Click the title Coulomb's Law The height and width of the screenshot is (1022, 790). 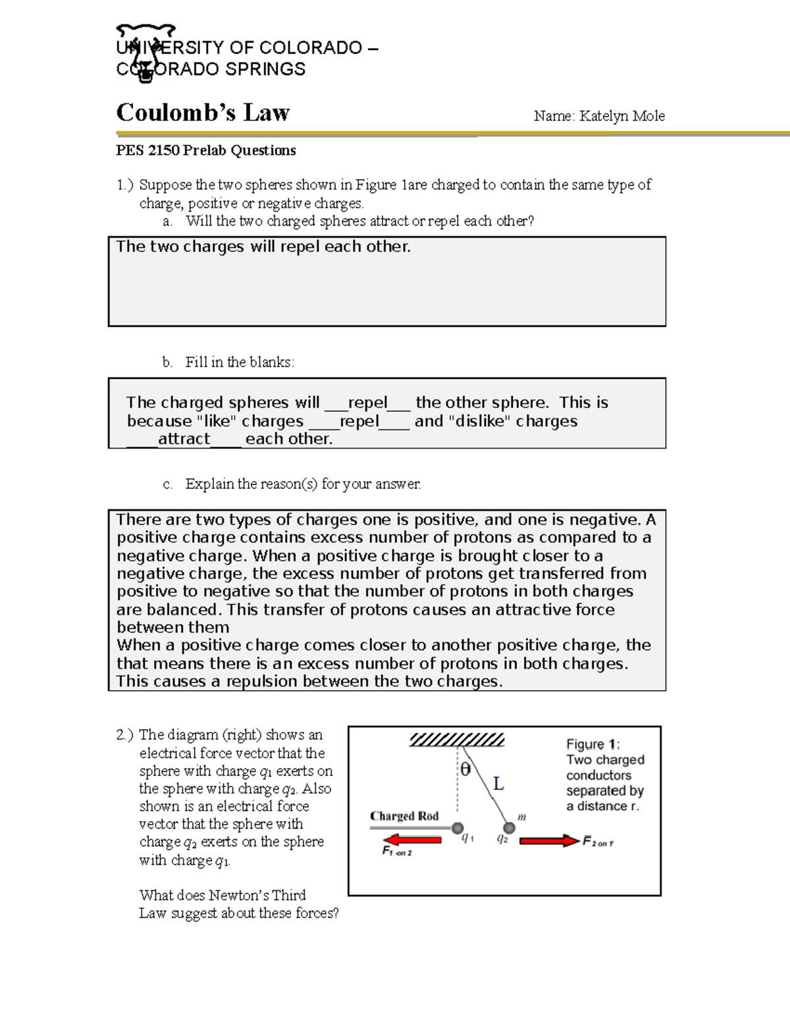(x=203, y=113)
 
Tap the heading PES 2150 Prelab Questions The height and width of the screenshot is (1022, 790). (x=206, y=151)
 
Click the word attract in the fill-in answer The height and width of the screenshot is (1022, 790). (x=184, y=439)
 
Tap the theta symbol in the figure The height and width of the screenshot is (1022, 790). (x=465, y=769)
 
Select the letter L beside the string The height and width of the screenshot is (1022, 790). (x=498, y=784)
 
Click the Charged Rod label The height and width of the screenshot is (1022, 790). (x=404, y=816)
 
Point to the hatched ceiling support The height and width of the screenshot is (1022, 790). (x=457, y=740)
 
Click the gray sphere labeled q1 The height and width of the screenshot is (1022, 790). (x=458, y=828)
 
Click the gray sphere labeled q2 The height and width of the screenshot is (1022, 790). (x=509, y=828)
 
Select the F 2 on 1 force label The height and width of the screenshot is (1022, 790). (x=598, y=841)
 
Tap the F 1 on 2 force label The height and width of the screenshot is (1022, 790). (x=397, y=851)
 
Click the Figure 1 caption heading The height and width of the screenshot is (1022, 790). (x=592, y=744)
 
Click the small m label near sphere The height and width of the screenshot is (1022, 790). (x=521, y=817)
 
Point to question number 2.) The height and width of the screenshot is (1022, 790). (x=125, y=735)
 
